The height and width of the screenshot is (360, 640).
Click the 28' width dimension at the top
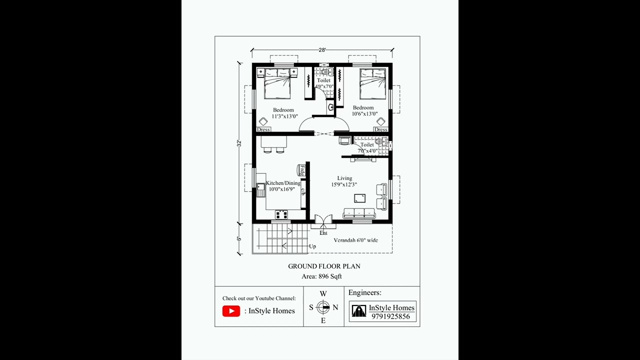pyautogui.click(x=322, y=50)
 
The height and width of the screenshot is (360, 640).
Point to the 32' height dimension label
pyautogui.click(x=239, y=143)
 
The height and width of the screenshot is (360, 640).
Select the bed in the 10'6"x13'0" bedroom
pyautogui.click(x=373, y=84)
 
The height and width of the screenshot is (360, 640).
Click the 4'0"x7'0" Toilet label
pyautogui.click(x=324, y=83)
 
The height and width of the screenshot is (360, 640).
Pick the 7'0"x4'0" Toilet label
pyautogui.click(x=367, y=148)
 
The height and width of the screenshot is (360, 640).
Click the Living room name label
pyautogui.click(x=344, y=178)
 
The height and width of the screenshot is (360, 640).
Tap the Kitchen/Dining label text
pyautogui.click(x=283, y=183)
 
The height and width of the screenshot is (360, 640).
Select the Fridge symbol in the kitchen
pyautogui.click(x=302, y=170)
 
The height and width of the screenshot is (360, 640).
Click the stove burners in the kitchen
pyautogui.click(x=281, y=214)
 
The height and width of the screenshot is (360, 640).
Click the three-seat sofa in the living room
pyautogui.click(x=359, y=213)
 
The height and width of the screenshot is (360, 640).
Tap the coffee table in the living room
pyautogui.click(x=359, y=197)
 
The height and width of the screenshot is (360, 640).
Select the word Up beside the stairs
pyautogui.click(x=312, y=246)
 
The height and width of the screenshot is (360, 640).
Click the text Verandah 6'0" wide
pyautogui.click(x=355, y=240)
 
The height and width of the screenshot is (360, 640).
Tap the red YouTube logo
pyautogui.click(x=231, y=311)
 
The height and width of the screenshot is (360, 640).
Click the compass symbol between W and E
pyautogui.click(x=323, y=307)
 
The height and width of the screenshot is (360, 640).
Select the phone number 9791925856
pyautogui.click(x=390, y=316)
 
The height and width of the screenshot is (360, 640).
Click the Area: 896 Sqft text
pyautogui.click(x=321, y=276)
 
